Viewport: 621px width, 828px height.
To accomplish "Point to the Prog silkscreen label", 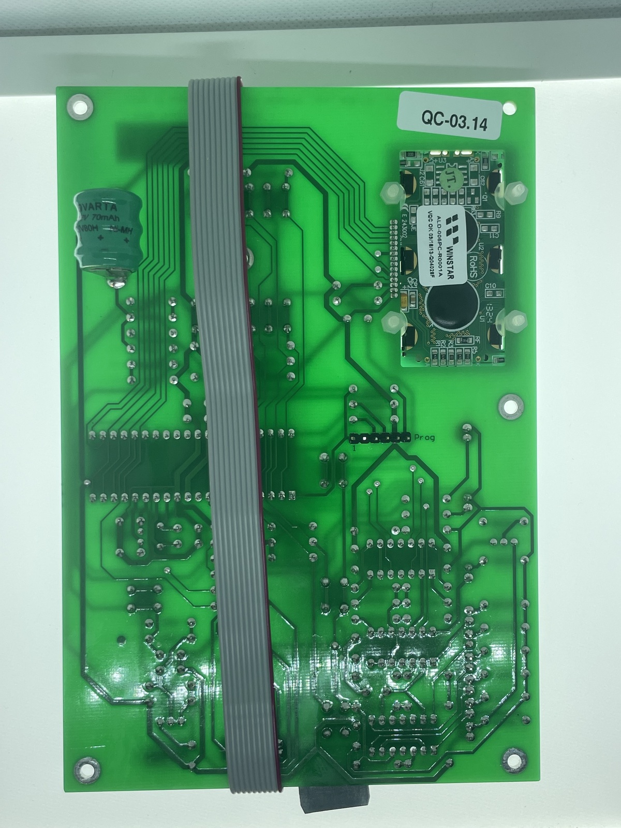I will (x=424, y=438).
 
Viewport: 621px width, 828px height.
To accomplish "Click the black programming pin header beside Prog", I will (x=380, y=438).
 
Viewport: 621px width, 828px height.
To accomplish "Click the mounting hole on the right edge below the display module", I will (x=510, y=405).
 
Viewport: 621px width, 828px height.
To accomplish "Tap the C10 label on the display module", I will (x=491, y=286).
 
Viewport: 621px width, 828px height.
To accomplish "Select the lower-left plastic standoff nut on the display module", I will (x=392, y=325).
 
